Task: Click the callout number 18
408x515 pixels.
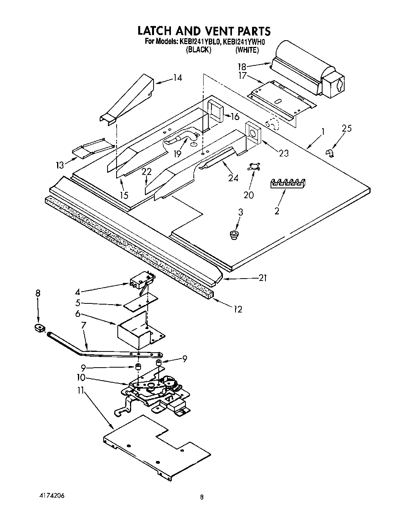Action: (x=241, y=67)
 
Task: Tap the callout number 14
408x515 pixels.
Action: (x=178, y=78)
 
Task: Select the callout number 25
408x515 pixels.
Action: (x=347, y=128)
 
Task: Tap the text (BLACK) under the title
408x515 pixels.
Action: (x=199, y=50)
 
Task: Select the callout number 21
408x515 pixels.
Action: (x=263, y=278)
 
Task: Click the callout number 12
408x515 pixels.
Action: (x=237, y=309)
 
